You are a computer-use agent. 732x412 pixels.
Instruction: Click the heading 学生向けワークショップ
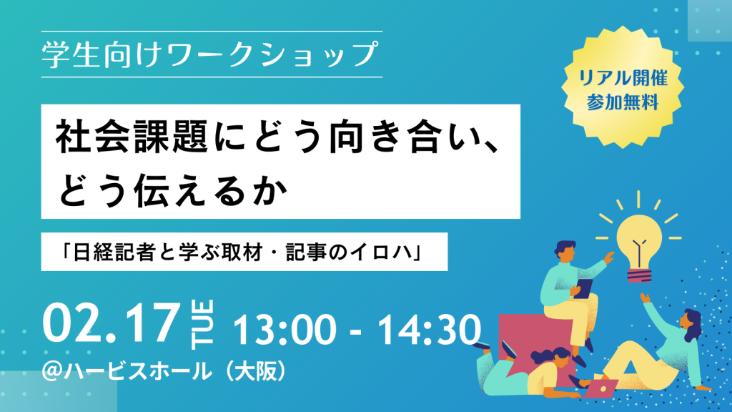click(x=209, y=54)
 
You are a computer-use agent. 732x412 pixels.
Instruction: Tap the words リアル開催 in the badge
click(x=623, y=77)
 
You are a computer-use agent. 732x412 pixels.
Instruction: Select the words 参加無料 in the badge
click(x=623, y=102)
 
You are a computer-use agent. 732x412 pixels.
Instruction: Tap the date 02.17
click(x=111, y=324)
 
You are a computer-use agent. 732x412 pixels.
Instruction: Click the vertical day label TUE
click(x=202, y=325)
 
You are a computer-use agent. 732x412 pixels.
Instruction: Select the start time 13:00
click(x=285, y=330)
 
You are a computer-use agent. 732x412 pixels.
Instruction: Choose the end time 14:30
click(x=430, y=330)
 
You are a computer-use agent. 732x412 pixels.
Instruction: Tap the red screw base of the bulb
click(x=639, y=275)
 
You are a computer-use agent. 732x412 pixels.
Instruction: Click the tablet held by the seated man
click(x=583, y=288)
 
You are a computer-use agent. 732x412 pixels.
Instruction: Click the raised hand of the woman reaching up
click(x=645, y=298)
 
